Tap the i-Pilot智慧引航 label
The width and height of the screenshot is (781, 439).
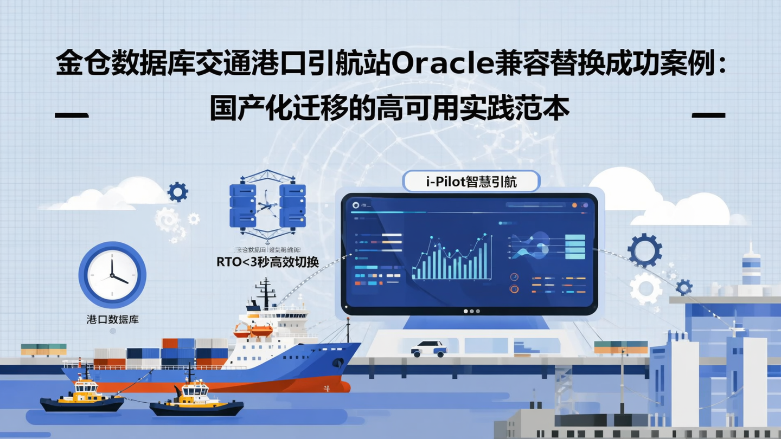point(471,182)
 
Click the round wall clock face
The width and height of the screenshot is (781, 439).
point(112,275)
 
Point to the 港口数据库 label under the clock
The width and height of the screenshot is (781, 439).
point(112,319)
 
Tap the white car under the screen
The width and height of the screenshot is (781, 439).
point(428,348)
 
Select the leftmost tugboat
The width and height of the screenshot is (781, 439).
point(82,397)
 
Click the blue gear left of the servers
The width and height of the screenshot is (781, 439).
point(177,192)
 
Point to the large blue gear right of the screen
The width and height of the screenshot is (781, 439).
point(644,250)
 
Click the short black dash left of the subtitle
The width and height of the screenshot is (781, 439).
point(72,115)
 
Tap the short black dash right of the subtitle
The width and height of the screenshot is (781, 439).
point(708,115)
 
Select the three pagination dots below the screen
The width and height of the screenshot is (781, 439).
point(471,312)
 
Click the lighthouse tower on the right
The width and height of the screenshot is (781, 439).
point(751,266)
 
